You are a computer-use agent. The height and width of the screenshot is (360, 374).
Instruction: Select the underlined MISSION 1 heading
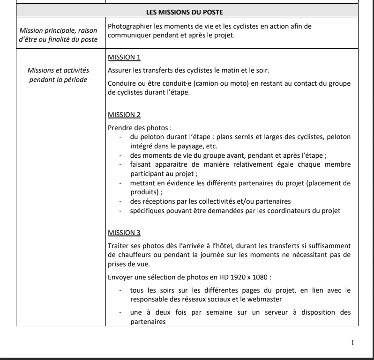(x=124, y=58)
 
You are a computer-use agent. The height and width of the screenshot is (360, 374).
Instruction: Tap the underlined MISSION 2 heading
(x=124, y=114)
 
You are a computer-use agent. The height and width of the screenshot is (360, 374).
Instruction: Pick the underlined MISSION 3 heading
(x=124, y=232)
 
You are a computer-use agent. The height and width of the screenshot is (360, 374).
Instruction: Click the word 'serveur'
(x=251, y=313)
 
